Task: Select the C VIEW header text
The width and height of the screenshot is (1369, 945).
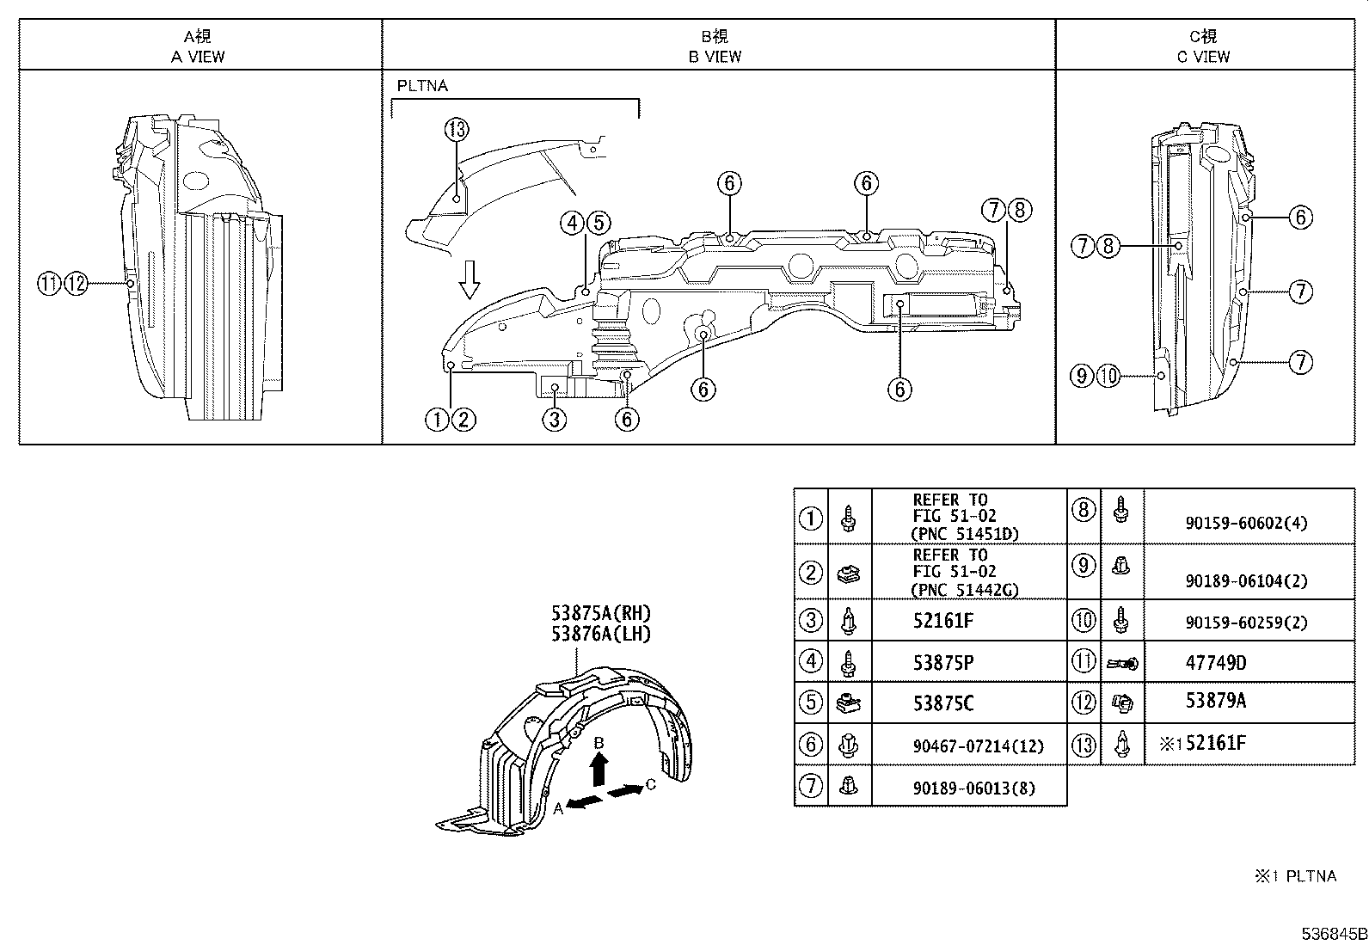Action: (x=1203, y=57)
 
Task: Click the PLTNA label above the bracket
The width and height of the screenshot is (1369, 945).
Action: (x=422, y=86)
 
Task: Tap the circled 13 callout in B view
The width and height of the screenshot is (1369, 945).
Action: (x=457, y=130)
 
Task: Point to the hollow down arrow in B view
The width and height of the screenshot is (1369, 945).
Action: (x=469, y=280)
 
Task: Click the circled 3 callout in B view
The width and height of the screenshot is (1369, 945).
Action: (x=555, y=420)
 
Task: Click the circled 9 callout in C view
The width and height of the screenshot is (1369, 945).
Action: (x=1083, y=376)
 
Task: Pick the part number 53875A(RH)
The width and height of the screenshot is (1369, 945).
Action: (x=601, y=614)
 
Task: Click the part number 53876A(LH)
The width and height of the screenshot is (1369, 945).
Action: (x=601, y=635)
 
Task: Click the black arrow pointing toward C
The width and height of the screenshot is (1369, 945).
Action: (x=625, y=789)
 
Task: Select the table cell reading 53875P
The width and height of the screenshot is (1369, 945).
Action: (x=943, y=662)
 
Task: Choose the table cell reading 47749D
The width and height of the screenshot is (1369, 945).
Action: (x=1215, y=663)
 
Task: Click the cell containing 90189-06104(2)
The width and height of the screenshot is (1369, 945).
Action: (x=1246, y=581)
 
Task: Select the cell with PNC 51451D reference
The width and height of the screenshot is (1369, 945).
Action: (x=965, y=517)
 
